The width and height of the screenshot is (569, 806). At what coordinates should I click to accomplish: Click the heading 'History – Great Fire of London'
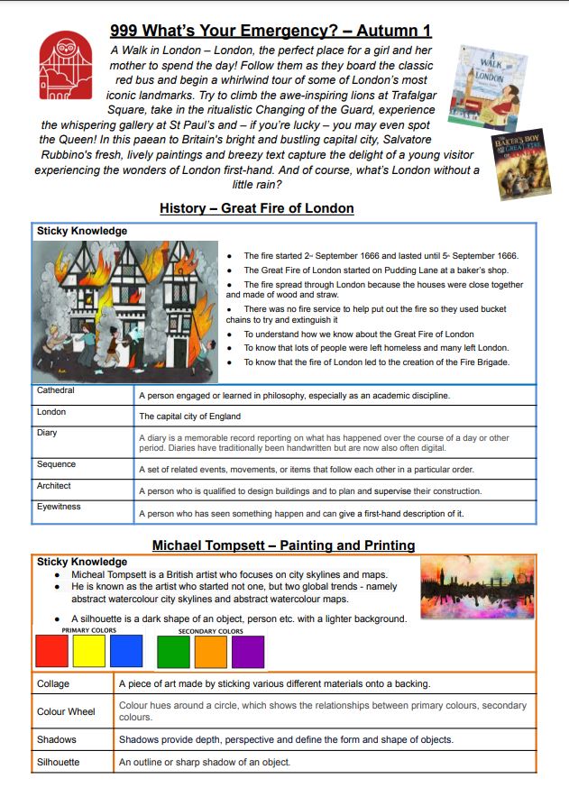pyautogui.click(x=257, y=208)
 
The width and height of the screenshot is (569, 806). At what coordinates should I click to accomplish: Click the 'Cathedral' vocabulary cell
pyautogui.click(x=56, y=391)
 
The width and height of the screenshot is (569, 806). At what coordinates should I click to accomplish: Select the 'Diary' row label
pyautogui.click(x=47, y=433)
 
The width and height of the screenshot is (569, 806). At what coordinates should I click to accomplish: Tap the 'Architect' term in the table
pyautogui.click(x=54, y=486)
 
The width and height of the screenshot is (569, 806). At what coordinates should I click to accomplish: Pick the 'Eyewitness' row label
pyautogui.click(x=59, y=507)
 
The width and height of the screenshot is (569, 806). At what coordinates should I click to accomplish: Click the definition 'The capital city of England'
pyautogui.click(x=189, y=417)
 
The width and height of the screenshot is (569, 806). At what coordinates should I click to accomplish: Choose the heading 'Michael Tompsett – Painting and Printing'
pyautogui.click(x=283, y=545)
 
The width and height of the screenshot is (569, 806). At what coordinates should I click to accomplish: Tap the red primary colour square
pyautogui.click(x=50, y=651)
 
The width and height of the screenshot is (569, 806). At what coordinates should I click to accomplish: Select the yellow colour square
pyautogui.click(x=88, y=651)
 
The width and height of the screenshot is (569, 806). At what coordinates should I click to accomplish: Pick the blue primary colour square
pyautogui.click(x=126, y=651)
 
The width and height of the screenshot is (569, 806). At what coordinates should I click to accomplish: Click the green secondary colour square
pyautogui.click(x=173, y=651)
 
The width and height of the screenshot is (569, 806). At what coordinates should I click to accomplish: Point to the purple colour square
pyautogui.click(x=248, y=651)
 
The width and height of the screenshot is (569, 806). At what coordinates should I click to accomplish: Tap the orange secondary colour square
pyautogui.click(x=210, y=651)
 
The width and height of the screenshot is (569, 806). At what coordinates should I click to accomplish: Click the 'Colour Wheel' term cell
pyautogui.click(x=66, y=711)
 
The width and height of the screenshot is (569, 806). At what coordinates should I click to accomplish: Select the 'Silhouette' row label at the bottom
pyautogui.click(x=58, y=762)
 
